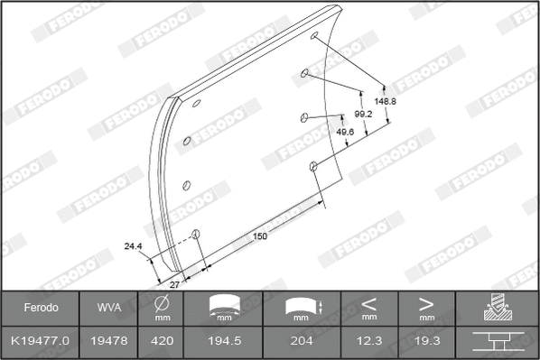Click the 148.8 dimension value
(386, 101)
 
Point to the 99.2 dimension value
(363, 115)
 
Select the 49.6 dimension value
(345, 132)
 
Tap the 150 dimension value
(260, 236)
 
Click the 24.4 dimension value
(134, 246)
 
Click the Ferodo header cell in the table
(40, 308)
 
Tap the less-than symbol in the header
(369, 303)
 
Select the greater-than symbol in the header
(426, 303)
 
